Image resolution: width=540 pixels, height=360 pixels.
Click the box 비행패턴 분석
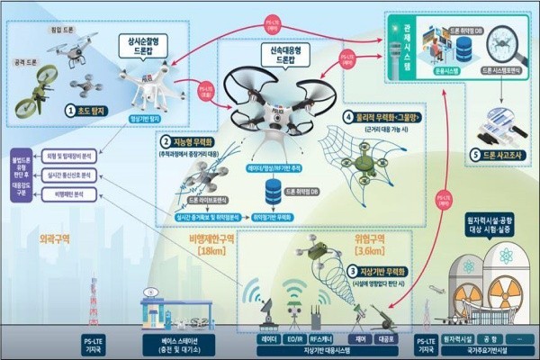tap(73, 193)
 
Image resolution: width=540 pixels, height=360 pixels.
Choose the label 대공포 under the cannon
tap(387, 341)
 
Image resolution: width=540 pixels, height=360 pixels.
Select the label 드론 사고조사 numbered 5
tap(492, 154)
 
